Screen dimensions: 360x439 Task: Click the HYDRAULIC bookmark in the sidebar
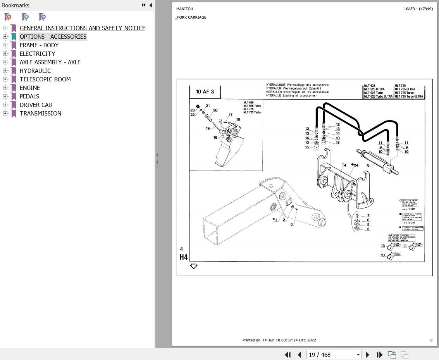click(35, 71)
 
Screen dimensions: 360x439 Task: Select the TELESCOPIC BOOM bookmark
click(45, 79)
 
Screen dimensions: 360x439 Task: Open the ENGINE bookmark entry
click(30, 88)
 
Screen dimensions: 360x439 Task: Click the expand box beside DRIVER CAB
click(5, 105)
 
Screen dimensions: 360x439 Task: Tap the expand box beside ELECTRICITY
click(5, 53)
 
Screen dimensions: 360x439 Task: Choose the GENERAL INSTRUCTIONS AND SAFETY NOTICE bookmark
click(83, 28)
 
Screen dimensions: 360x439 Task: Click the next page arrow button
click(368, 355)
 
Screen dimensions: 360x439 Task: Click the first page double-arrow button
click(288, 355)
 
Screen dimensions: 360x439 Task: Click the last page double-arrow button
click(380, 355)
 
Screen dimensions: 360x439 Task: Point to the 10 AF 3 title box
click(205, 92)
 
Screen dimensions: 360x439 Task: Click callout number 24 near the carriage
click(356, 165)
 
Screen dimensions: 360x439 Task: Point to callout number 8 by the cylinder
click(368, 165)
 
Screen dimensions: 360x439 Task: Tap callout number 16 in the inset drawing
click(238, 119)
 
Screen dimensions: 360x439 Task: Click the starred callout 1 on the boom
click(275, 220)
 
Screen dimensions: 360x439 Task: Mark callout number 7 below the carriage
click(368, 215)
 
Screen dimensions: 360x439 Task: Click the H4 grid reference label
click(183, 257)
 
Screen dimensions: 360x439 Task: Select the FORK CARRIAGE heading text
click(191, 17)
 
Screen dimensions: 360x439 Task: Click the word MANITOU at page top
click(184, 9)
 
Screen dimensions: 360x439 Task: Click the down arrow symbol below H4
click(194, 266)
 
